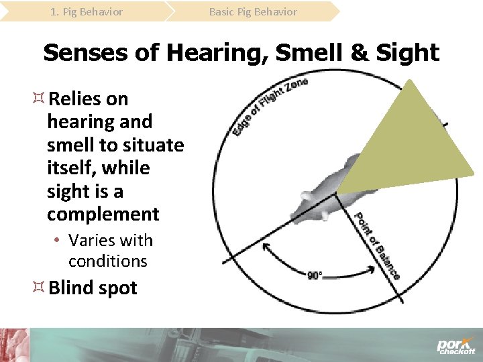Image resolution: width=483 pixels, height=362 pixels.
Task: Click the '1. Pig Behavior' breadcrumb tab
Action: point(87,11)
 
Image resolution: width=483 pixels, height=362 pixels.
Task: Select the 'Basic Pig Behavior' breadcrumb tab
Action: point(253,11)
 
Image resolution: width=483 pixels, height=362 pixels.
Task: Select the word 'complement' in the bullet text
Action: point(103,215)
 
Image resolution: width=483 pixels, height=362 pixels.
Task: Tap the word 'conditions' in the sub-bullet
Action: point(107,260)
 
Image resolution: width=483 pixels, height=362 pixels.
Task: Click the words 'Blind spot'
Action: point(93,288)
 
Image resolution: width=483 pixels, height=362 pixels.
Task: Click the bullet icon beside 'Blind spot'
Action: point(38,288)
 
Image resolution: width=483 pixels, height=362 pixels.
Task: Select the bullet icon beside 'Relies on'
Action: point(38,99)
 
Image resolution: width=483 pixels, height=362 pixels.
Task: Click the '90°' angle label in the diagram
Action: point(315,275)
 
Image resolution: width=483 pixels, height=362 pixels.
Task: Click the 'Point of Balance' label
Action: point(376,245)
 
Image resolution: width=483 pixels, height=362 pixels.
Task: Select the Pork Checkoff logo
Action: point(455,345)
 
